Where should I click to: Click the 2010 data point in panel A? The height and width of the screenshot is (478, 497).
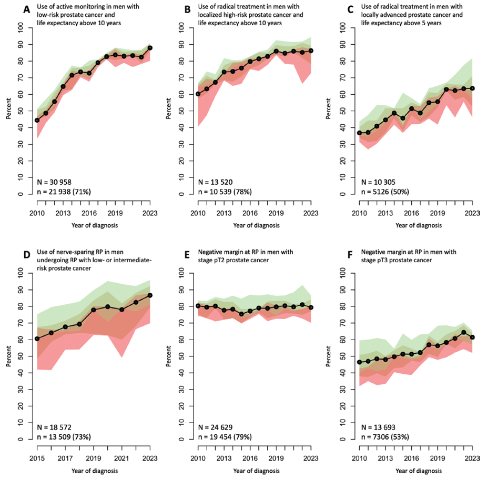point(37,120)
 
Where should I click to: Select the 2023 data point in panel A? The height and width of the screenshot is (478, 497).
point(150,48)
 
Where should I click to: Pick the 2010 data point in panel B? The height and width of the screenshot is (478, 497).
point(198,94)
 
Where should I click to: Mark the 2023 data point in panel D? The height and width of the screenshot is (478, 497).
point(150,295)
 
